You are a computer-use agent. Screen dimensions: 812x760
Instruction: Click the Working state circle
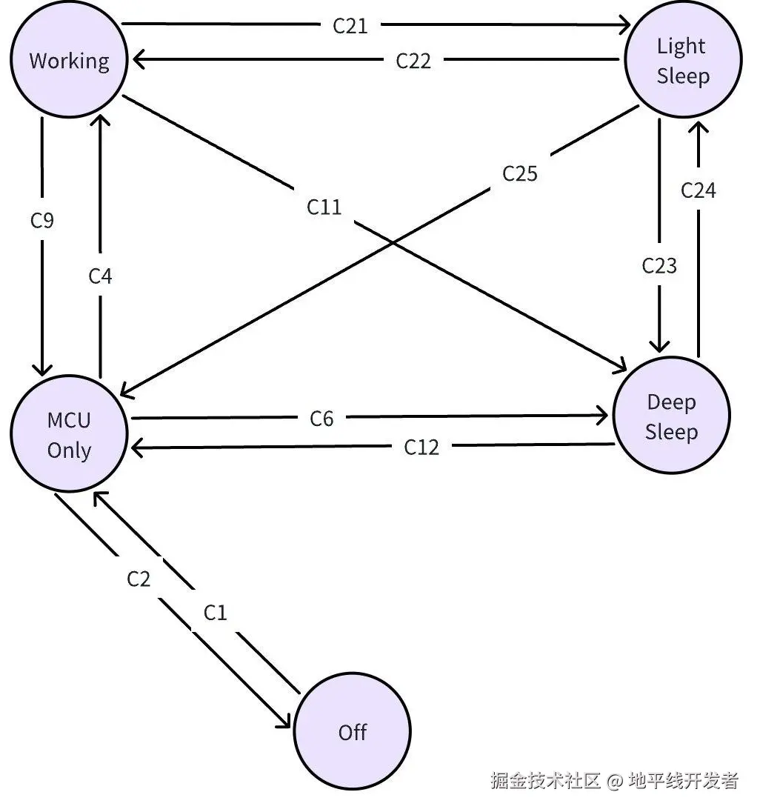[69, 60]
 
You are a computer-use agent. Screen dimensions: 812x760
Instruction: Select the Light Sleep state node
[683, 61]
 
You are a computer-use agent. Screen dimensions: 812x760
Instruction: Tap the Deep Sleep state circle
[672, 417]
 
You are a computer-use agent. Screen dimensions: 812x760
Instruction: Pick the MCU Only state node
[69, 436]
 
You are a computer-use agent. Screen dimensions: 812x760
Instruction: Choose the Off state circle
[353, 732]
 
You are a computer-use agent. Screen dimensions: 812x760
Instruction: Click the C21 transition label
[350, 26]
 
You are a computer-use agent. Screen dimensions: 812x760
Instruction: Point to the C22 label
[413, 61]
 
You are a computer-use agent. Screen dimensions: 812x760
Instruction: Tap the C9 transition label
[42, 220]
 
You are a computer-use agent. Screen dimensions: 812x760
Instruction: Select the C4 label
[101, 276]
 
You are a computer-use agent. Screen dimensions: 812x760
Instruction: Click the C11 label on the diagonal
[324, 207]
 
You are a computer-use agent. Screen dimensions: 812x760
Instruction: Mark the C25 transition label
[520, 173]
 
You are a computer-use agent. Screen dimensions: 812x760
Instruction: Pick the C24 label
[699, 190]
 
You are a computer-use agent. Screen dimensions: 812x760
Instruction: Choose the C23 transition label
[659, 265]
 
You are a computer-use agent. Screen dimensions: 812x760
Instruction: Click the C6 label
[321, 419]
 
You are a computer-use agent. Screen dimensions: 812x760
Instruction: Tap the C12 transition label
[421, 447]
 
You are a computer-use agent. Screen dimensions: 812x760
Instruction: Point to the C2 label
[139, 578]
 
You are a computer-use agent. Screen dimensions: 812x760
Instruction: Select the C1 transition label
[215, 613]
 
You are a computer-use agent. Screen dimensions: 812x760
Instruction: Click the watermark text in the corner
[614, 780]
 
